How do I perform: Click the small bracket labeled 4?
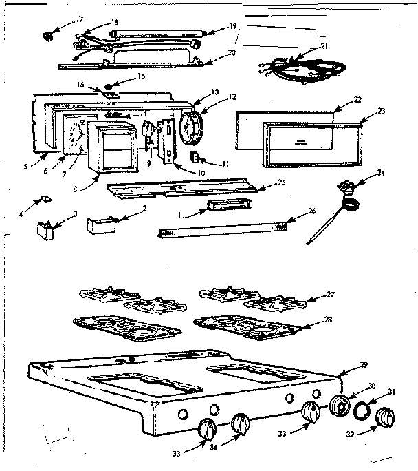point(43,199)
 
